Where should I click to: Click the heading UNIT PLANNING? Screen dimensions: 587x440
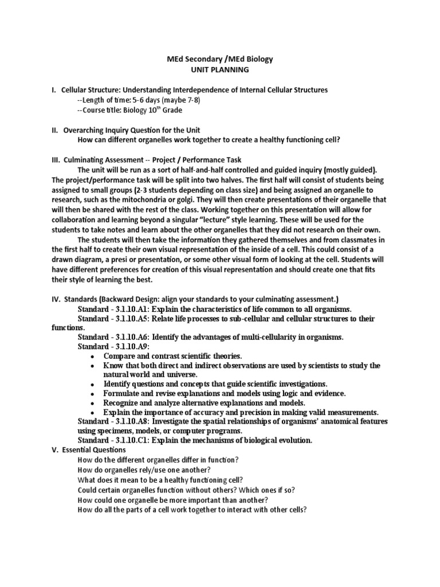[x=220, y=70]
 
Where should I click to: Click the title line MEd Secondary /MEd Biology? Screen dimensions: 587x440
[x=220, y=60]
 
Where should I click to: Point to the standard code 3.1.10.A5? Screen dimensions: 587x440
[x=129, y=319]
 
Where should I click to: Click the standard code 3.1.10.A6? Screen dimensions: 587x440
[x=129, y=337]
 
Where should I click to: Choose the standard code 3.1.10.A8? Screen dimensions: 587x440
[x=129, y=421]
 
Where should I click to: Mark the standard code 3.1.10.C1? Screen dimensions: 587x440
[x=129, y=440]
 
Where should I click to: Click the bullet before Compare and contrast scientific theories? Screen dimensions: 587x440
[x=93, y=357]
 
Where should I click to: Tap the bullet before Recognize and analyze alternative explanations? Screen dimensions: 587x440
[x=93, y=402]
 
